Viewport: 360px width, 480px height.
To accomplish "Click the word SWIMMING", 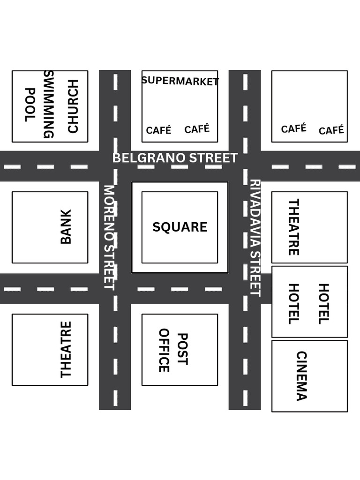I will point(49,105).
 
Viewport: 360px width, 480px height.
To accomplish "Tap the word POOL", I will point(30,105).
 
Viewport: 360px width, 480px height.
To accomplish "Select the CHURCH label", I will point(73,106).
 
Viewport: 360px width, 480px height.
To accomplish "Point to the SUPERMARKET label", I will point(180,81).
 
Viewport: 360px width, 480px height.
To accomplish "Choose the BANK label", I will point(66,227).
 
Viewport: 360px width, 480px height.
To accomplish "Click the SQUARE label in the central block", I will point(180,227).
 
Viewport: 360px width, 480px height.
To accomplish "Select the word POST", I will point(182,349).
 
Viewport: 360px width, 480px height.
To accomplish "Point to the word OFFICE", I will point(164,350).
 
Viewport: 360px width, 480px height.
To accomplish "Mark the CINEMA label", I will point(301,376).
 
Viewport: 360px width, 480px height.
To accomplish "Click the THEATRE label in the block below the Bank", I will point(66,349).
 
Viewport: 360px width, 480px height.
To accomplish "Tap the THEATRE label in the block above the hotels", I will point(293,227).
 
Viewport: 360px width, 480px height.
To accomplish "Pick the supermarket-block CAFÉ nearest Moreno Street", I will point(158,130).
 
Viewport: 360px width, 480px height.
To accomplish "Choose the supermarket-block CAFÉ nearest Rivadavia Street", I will point(197,129).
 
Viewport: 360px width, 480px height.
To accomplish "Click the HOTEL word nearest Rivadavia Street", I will point(293,304).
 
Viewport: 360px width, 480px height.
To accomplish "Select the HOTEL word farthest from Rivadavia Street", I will point(324,304).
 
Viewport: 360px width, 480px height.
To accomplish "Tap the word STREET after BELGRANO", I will point(210,158).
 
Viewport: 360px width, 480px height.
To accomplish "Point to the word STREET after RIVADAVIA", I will point(255,273).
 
